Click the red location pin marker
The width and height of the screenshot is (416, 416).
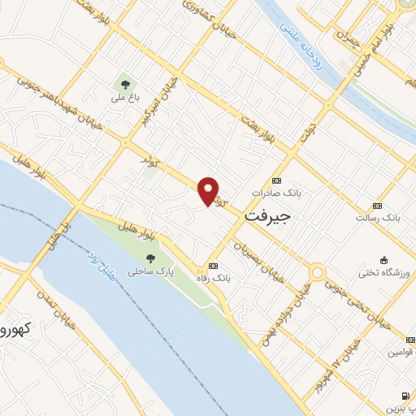pos(209,191)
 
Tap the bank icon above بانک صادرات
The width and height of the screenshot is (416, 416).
pos(277,180)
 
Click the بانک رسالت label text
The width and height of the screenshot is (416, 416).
pos(379,218)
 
